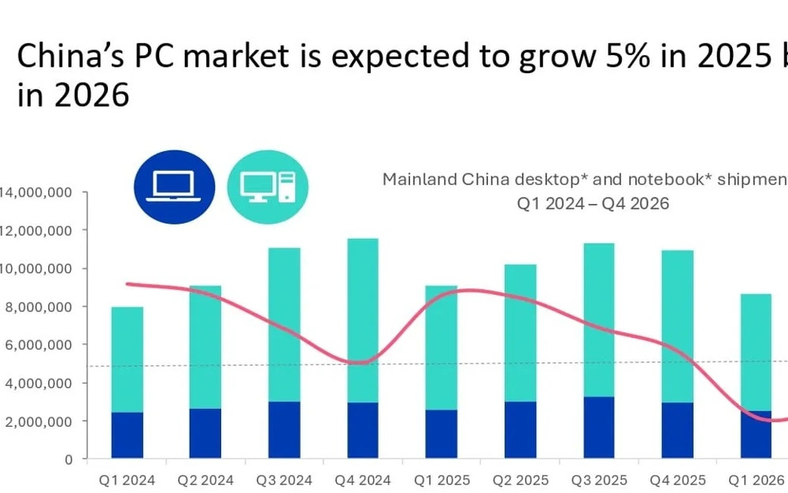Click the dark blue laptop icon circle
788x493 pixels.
pyautogui.click(x=175, y=187)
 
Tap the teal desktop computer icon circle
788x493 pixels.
pyautogui.click(x=268, y=187)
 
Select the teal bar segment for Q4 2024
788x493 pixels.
pyautogui.click(x=363, y=321)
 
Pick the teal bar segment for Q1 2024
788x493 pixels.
pyautogui.click(x=128, y=359)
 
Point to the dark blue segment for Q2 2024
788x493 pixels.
pyautogui.click(x=205, y=433)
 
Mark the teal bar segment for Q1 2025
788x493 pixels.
pyautogui.click(x=442, y=347)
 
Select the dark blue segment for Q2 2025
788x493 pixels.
pyautogui.click(x=520, y=429)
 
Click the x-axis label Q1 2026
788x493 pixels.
pyautogui.click(x=756, y=480)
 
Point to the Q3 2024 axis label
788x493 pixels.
pyautogui.click(x=284, y=480)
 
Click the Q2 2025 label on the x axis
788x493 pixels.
pyautogui.click(x=520, y=480)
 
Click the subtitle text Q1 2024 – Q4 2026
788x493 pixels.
pyautogui.click(x=592, y=203)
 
